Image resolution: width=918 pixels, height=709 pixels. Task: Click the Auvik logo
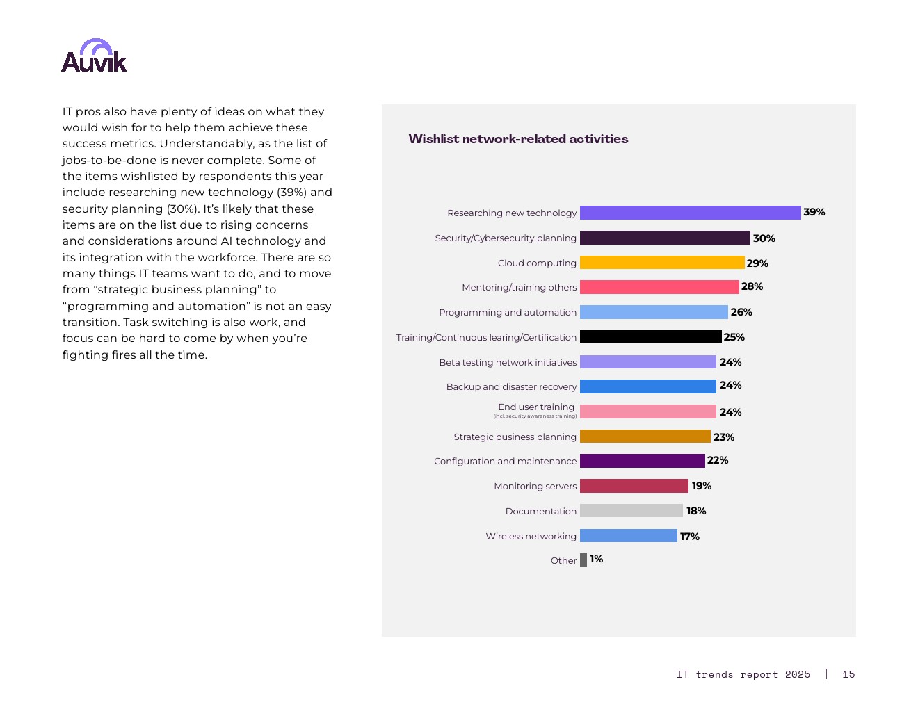pyautogui.click(x=94, y=56)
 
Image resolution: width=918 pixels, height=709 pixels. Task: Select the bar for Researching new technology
pyautogui.click(x=690, y=213)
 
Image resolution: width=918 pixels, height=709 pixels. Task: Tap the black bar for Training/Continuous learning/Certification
pyautogui.click(x=650, y=337)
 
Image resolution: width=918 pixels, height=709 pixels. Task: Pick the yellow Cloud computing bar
pyautogui.click(x=661, y=263)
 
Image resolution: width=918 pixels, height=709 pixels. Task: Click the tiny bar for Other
pyautogui.click(x=583, y=560)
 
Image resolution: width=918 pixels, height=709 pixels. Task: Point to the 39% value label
pyautogui.click(x=814, y=212)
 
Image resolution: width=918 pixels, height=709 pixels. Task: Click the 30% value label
pyautogui.click(x=764, y=238)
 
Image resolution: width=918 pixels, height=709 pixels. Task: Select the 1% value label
pyautogui.click(x=596, y=559)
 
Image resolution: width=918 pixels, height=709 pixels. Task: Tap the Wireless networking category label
pyautogui.click(x=531, y=536)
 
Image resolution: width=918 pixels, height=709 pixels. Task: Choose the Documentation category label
pyautogui.click(x=540, y=511)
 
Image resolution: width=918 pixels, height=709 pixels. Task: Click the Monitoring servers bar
pyautogui.click(x=634, y=486)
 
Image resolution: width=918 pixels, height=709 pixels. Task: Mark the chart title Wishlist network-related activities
pyautogui.click(x=518, y=139)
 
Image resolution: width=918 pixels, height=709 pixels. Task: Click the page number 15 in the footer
pyautogui.click(x=848, y=674)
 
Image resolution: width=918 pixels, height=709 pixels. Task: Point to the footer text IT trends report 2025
pyautogui.click(x=743, y=674)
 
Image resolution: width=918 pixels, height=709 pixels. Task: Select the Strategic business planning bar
pyautogui.click(x=645, y=437)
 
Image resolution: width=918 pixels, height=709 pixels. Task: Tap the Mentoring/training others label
pyautogui.click(x=519, y=287)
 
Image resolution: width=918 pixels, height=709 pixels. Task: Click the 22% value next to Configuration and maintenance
pyautogui.click(x=718, y=460)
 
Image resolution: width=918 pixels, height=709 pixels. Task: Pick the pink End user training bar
pyautogui.click(x=647, y=411)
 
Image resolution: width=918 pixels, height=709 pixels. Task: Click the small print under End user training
pyautogui.click(x=535, y=416)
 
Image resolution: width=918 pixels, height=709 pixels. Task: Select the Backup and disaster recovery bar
pyautogui.click(x=647, y=386)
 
